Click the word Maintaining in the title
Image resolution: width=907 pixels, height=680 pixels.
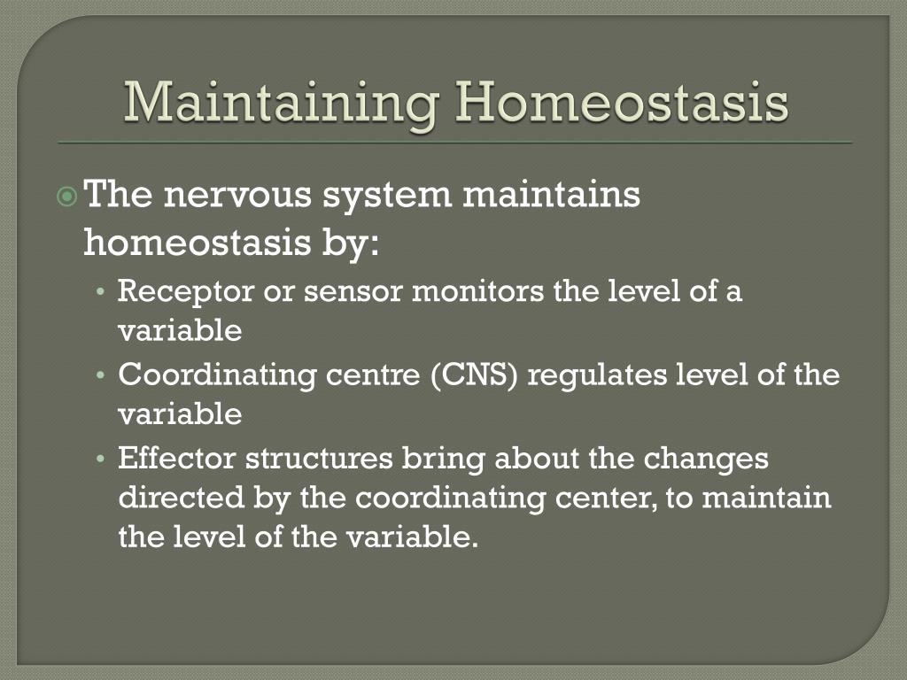(281, 104)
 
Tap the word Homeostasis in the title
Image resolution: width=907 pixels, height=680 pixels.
(622, 102)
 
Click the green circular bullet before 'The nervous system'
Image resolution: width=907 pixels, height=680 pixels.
(67, 197)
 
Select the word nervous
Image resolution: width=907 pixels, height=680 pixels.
(237, 196)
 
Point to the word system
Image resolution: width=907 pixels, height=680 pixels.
(387, 197)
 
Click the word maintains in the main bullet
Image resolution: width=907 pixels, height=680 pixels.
(551, 194)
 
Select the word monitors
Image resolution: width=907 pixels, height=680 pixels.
(477, 290)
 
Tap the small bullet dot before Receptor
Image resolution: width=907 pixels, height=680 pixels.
(101, 292)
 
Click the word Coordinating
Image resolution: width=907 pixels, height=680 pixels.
(217, 375)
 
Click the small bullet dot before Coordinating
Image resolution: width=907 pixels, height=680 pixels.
(101, 375)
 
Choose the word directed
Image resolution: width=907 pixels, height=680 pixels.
(181, 498)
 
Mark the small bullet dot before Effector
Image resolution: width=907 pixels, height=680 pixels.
(101, 460)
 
